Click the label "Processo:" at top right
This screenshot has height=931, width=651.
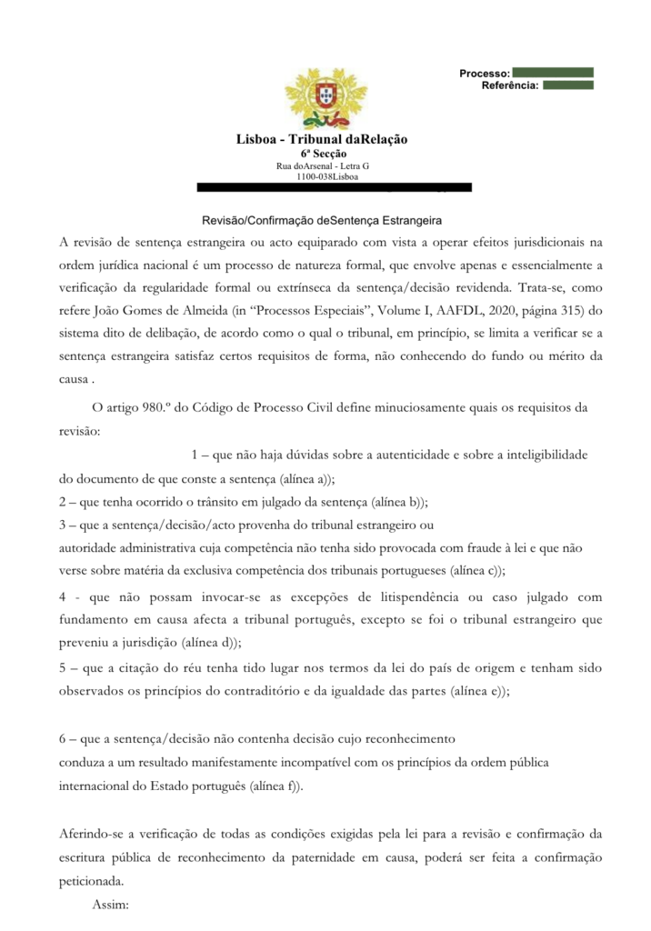pyautogui.click(x=484, y=73)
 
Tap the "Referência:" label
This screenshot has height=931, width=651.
pyautogui.click(x=510, y=85)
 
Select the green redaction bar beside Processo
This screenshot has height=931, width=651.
pyautogui.click(x=553, y=72)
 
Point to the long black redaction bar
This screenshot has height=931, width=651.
pyautogui.click(x=335, y=187)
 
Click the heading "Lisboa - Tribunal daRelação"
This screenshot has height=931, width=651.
pyautogui.click(x=322, y=139)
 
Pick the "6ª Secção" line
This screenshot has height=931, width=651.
pyautogui.click(x=323, y=154)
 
